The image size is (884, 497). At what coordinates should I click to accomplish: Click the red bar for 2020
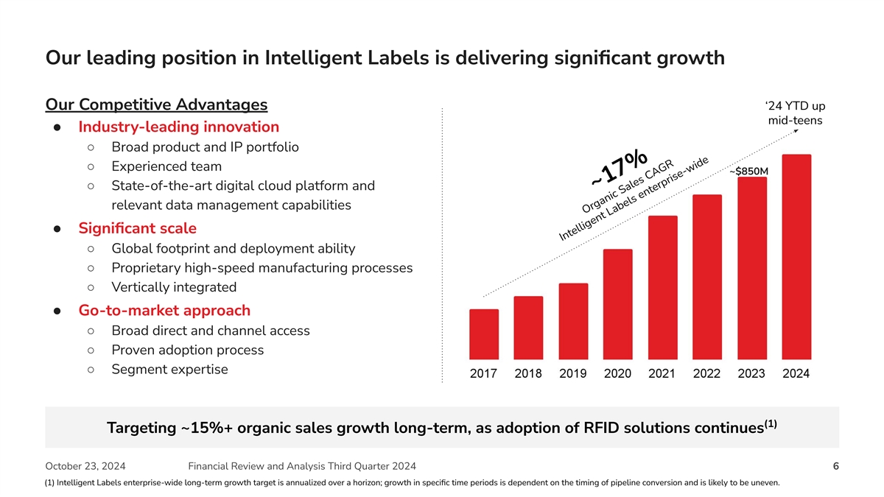[x=617, y=304]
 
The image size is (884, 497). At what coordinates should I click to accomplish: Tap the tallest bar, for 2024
[x=796, y=257]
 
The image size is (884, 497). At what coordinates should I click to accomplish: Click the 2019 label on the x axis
[x=572, y=373]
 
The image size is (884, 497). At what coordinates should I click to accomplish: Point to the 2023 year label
[x=751, y=373]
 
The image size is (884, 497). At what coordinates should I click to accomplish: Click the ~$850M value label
[x=748, y=172]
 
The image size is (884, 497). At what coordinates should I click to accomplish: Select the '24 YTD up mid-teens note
[x=795, y=113]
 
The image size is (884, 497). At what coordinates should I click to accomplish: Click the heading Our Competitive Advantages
[x=156, y=105]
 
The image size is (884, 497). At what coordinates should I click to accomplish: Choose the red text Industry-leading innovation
[x=178, y=127]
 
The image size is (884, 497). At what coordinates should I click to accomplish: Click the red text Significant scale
[x=137, y=228]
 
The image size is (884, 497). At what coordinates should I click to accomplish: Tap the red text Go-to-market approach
[x=164, y=310]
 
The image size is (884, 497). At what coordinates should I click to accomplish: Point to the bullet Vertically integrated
[x=174, y=287]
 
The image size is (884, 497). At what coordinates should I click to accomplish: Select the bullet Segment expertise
[x=169, y=369]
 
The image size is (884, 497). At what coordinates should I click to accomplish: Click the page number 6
[x=835, y=466]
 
